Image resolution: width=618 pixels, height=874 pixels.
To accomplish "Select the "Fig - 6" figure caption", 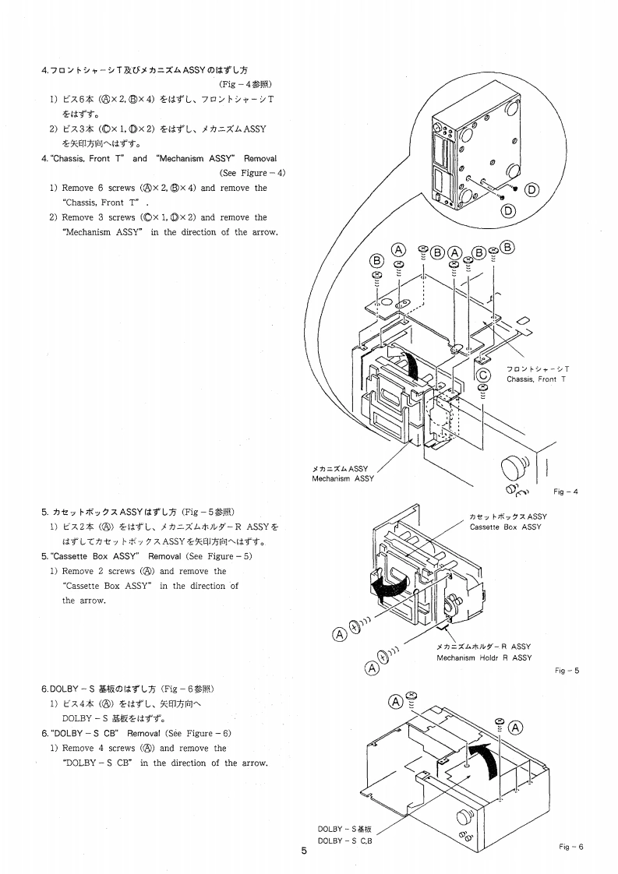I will [570, 847].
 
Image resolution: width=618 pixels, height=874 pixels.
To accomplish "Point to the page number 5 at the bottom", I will [304, 851].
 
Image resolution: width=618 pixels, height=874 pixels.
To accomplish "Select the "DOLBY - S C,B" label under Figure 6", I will [345, 841].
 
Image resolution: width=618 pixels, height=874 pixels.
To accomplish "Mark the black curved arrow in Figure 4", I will [408, 363].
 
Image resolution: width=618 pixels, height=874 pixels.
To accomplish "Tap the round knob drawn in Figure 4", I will [514, 468].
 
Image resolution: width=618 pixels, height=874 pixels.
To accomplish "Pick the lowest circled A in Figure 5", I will [372, 668].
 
